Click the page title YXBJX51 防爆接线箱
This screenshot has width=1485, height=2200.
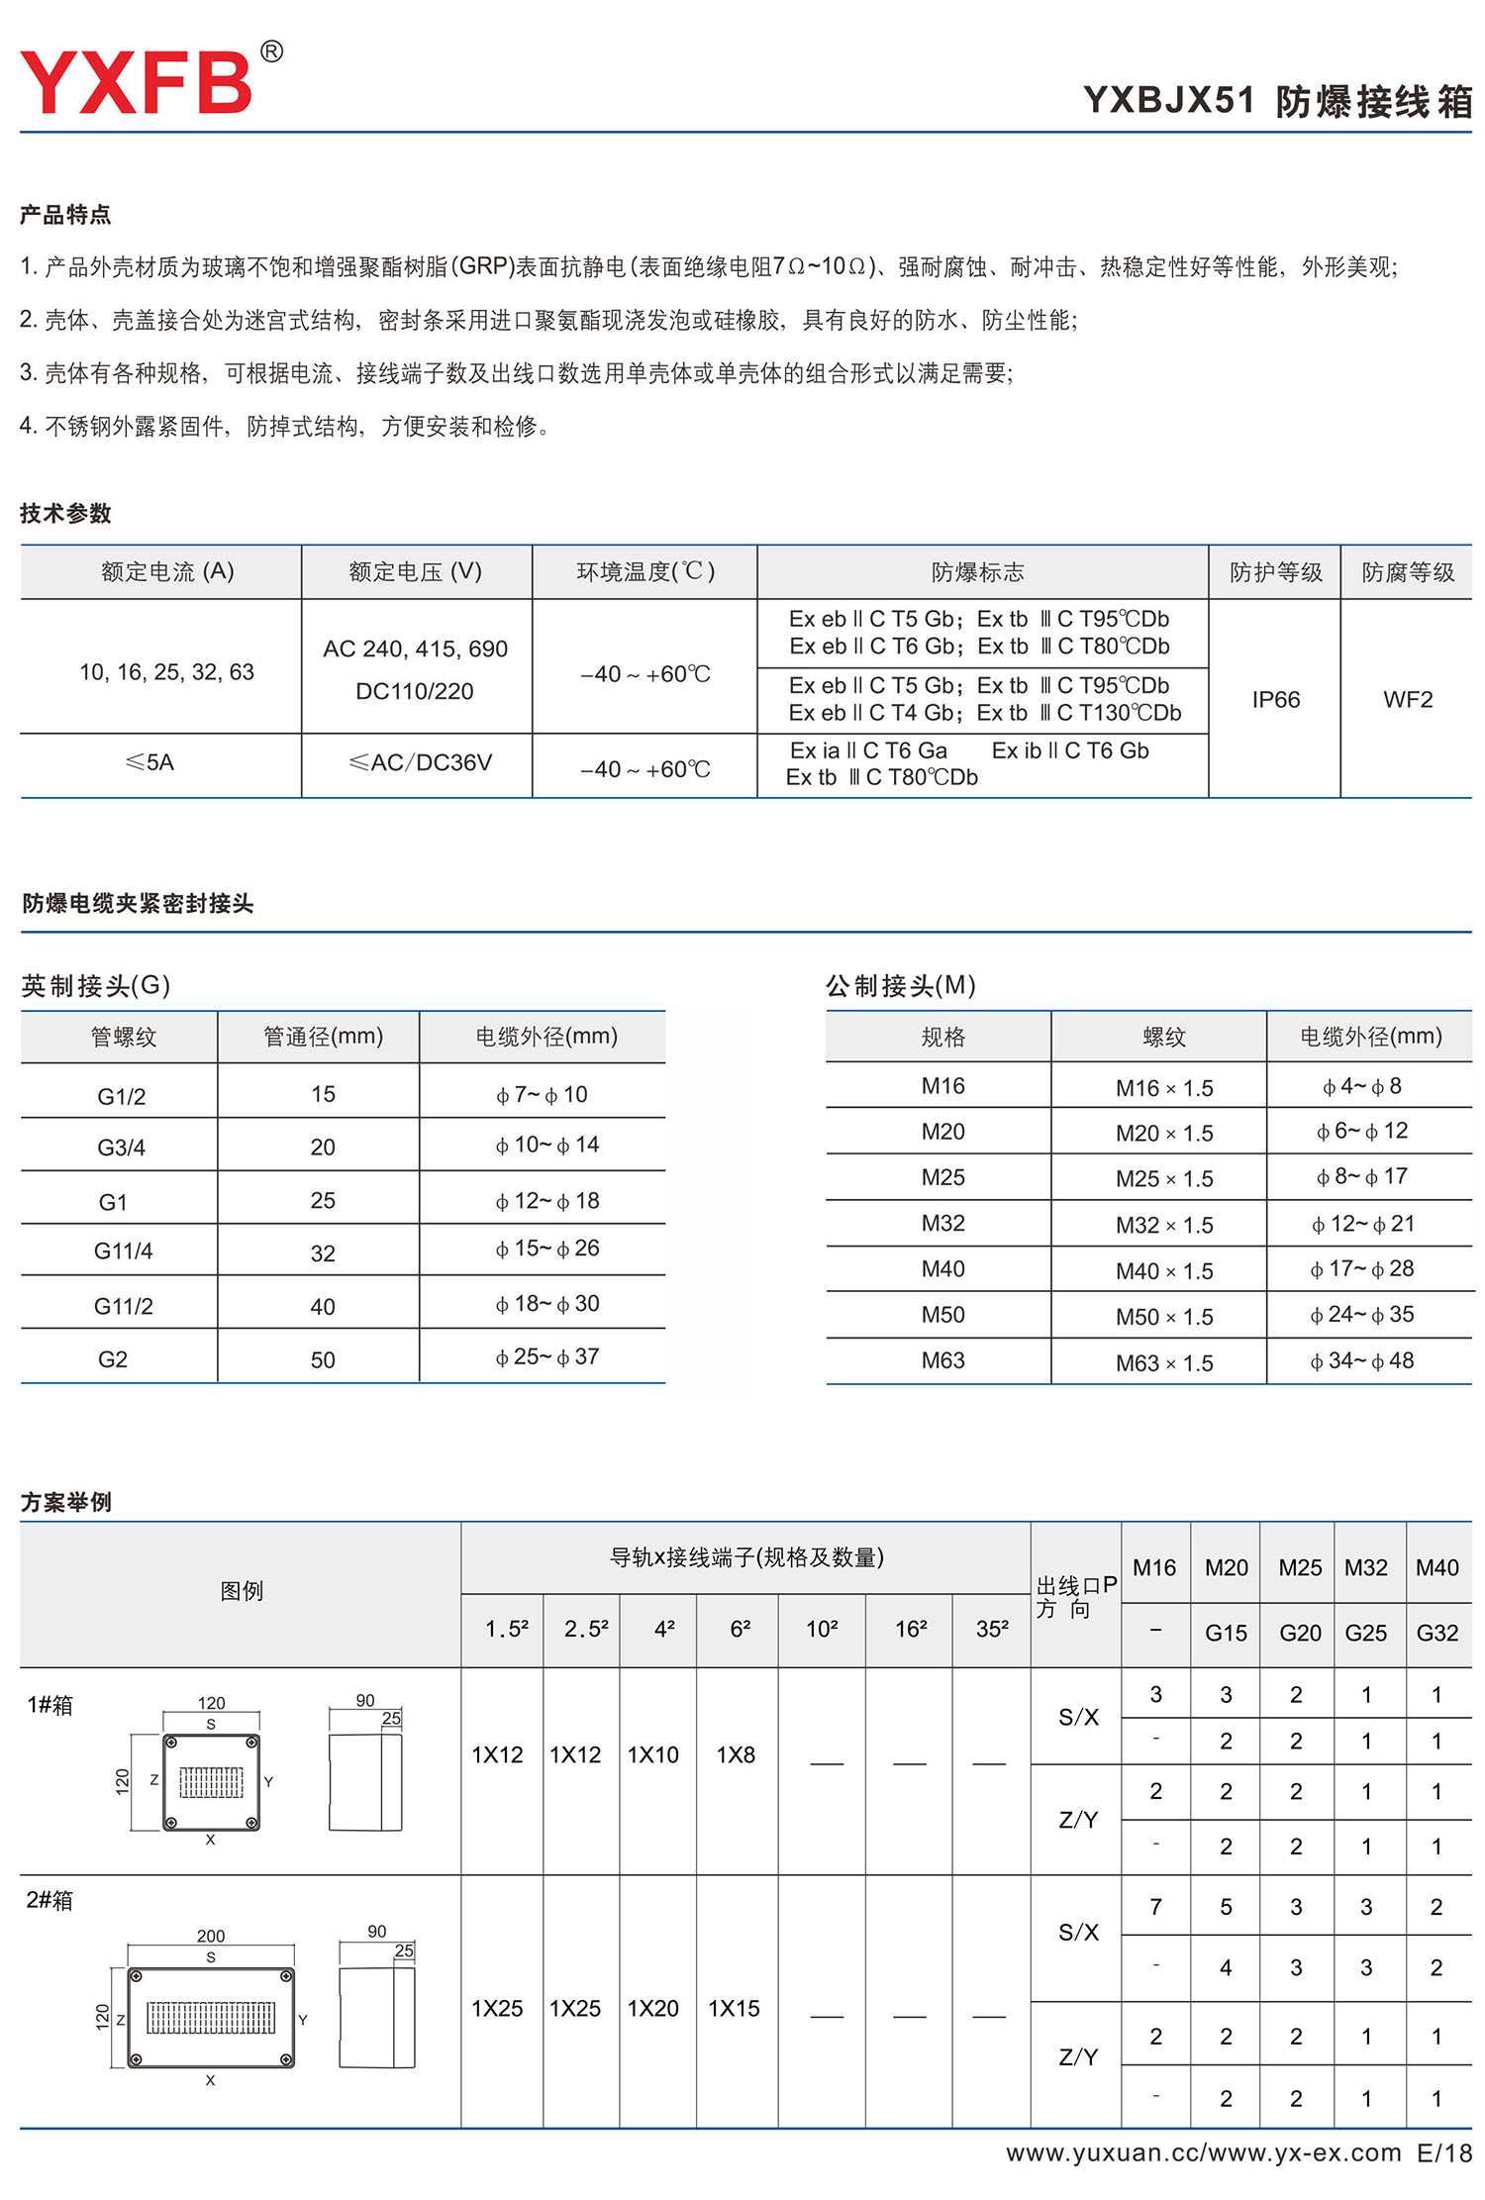tap(1277, 101)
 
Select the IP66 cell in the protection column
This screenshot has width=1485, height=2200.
tap(1275, 699)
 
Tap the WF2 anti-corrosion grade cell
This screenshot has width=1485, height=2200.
tap(1407, 699)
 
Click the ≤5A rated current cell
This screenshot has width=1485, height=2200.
tap(150, 762)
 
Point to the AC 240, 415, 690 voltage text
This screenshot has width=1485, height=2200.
tap(415, 649)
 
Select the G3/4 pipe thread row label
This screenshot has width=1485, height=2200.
tap(121, 1148)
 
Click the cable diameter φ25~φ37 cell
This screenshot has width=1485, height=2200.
tap(547, 1356)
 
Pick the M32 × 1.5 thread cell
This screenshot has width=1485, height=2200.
tap(1164, 1225)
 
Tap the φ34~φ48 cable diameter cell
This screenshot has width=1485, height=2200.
tap(1362, 1360)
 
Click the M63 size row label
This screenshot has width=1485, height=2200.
tap(942, 1360)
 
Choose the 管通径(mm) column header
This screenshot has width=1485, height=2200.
tap(323, 1037)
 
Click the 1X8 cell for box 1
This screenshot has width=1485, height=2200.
tap(736, 1754)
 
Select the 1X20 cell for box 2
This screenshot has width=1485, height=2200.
tap(653, 2008)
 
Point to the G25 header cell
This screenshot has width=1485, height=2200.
tap(1365, 1633)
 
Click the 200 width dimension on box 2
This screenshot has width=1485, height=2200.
tap(211, 1935)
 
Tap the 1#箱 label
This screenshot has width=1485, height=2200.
tap(49, 1705)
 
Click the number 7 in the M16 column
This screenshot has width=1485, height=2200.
tap(1155, 1906)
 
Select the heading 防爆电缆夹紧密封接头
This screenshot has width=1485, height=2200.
tap(138, 903)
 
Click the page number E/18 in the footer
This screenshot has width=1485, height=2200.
tap(1444, 2152)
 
